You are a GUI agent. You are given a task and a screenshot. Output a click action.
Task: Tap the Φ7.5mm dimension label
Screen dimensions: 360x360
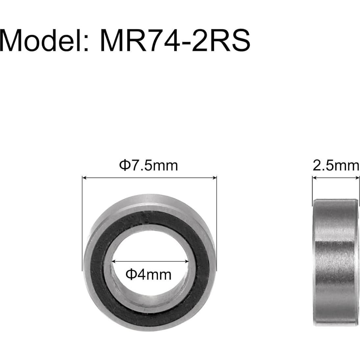tap(148, 165)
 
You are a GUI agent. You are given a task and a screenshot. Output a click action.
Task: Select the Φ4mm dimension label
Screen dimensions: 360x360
tap(149, 274)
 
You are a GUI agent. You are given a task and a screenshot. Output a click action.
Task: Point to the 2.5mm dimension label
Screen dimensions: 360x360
tap(336, 166)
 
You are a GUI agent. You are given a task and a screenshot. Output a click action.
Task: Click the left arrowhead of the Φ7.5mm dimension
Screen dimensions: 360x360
tap(84, 178)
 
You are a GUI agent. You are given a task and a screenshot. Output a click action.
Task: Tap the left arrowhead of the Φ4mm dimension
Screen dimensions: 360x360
tap(114, 262)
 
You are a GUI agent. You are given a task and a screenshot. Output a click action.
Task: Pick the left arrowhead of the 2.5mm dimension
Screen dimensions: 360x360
tap(314, 178)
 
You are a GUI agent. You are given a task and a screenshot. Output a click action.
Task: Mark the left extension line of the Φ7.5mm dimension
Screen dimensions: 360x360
tap(82, 224)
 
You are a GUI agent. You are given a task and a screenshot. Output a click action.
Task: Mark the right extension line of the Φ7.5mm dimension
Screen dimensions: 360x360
tap(217, 224)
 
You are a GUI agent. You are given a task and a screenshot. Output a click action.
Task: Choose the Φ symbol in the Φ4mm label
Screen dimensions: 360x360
tap(131, 274)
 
